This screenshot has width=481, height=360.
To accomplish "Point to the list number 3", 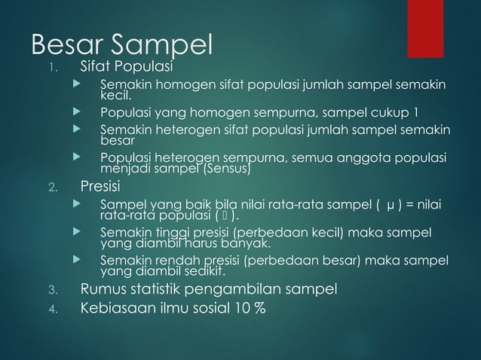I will click(51, 289).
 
